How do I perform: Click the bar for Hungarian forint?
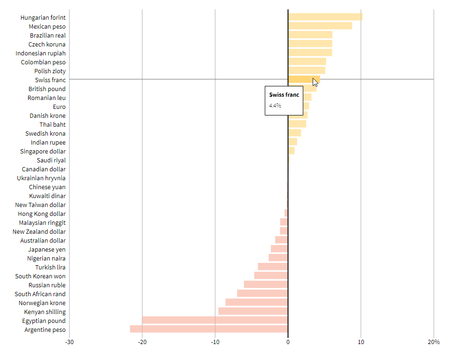325,17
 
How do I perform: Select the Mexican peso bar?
320,26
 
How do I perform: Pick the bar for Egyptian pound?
215,321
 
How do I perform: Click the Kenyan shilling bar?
253,312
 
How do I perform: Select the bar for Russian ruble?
266,285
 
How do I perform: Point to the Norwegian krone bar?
256,303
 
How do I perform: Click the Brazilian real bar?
310,35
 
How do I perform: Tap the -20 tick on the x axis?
142,342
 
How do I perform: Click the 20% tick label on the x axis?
434,342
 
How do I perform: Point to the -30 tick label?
69,342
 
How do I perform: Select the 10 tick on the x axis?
361,342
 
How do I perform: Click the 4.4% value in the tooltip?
275,106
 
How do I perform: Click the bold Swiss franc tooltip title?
284,95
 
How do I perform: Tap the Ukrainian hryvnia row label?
41,178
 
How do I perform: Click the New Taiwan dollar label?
40,205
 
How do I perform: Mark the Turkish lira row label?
50,268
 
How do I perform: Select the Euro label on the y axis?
59,107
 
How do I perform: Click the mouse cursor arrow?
315,82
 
